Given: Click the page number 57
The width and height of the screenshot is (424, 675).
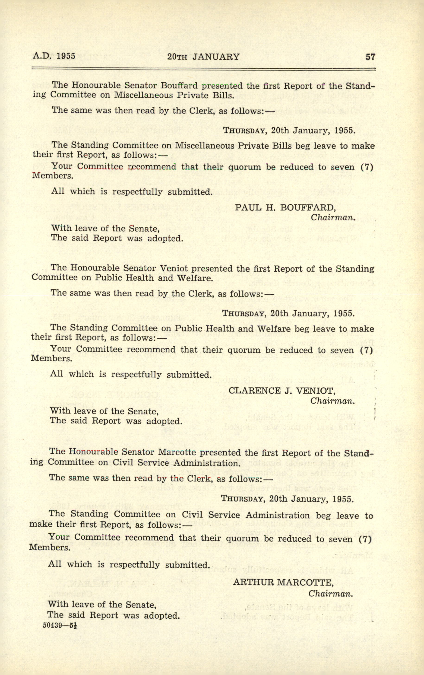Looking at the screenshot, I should pos(370,57).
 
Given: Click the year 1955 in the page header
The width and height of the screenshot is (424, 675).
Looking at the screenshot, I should pos(66,56).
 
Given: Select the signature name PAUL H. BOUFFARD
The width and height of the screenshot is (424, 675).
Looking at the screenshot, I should pos(285,207).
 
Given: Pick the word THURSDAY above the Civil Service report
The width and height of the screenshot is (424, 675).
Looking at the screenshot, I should pos(242,499).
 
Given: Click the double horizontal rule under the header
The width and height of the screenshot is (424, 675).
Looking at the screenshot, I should pos(204,68).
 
